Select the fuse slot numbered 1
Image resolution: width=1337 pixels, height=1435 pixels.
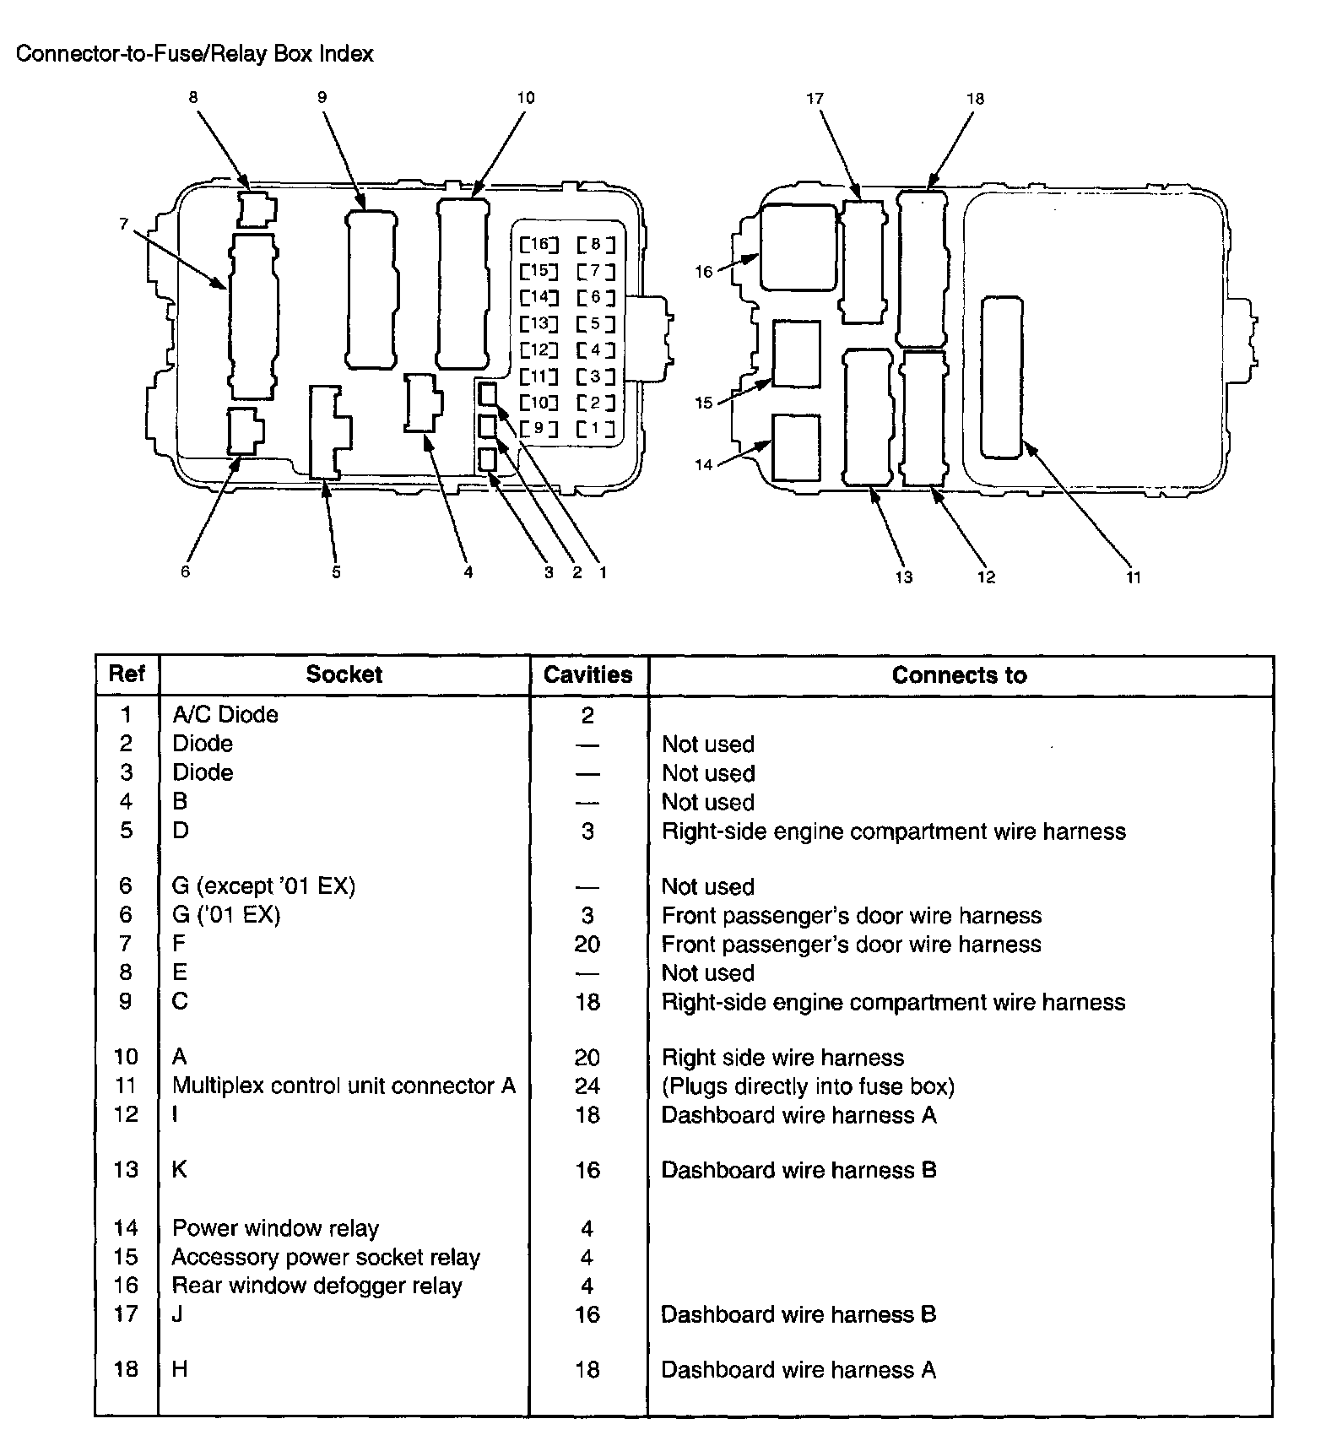click(x=596, y=428)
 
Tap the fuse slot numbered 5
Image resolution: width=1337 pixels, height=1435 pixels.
click(x=596, y=323)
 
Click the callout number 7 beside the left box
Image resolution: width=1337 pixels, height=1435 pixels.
click(x=124, y=224)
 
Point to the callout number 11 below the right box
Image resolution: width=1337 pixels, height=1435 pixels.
click(x=1133, y=577)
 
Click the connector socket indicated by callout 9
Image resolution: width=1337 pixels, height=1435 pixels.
click(x=371, y=289)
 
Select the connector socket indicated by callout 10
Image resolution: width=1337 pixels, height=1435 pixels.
click(x=463, y=283)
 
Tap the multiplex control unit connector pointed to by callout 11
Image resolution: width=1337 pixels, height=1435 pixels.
click(x=1002, y=377)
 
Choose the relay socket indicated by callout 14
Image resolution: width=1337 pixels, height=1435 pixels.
click(x=796, y=447)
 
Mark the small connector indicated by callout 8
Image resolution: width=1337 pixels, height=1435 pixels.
click(x=256, y=209)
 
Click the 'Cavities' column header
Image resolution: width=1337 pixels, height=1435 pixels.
click(x=587, y=675)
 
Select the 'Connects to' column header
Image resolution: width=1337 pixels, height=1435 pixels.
click(x=959, y=675)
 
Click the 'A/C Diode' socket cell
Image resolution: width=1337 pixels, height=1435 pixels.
click(x=225, y=715)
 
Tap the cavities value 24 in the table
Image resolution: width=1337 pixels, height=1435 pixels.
click(x=587, y=1086)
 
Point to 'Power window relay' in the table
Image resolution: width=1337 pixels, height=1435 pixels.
click(x=275, y=1228)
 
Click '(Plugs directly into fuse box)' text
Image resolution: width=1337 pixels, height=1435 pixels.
click(x=808, y=1086)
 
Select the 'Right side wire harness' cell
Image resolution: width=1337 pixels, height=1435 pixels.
click(x=782, y=1058)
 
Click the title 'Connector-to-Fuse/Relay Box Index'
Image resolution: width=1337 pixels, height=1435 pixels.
click(x=195, y=54)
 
